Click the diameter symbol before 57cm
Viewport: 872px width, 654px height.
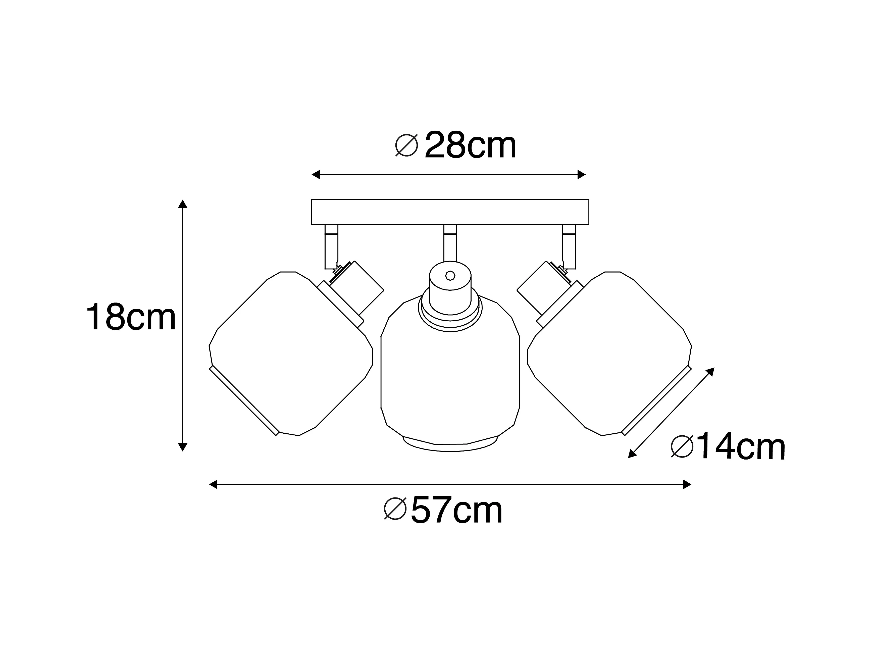[395, 509]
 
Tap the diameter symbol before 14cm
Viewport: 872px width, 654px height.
[682, 447]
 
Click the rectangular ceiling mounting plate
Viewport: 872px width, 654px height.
[450, 212]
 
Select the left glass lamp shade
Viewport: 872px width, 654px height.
[291, 354]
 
